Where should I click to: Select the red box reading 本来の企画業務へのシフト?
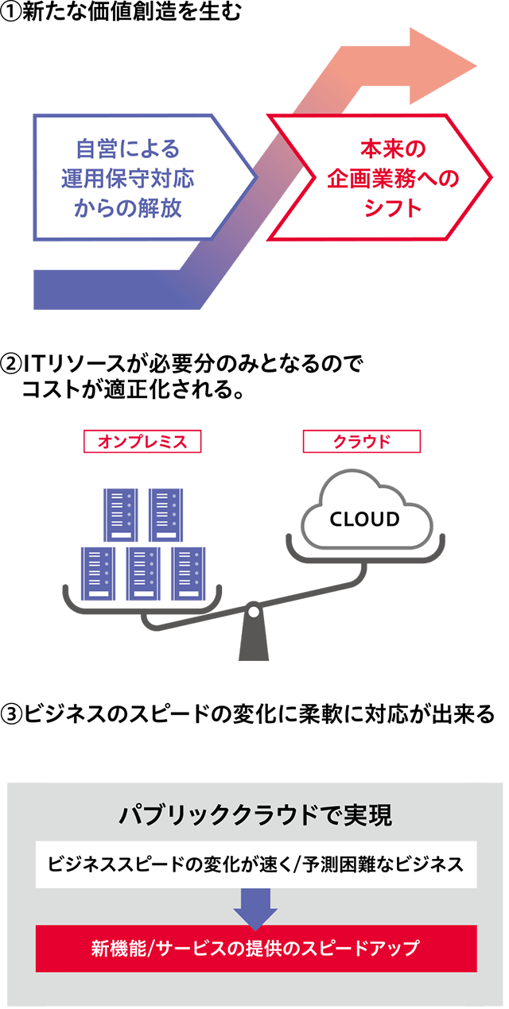click(x=382, y=178)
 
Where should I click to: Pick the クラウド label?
click(x=362, y=442)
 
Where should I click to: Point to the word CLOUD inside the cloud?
click(x=364, y=520)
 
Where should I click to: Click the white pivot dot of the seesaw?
click(x=253, y=612)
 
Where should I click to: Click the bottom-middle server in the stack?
click(x=143, y=574)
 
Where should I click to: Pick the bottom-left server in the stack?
click(x=98, y=574)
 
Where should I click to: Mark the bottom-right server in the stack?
click(x=188, y=574)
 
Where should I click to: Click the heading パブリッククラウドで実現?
click(x=255, y=816)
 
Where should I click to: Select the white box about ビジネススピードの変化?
click(x=255, y=864)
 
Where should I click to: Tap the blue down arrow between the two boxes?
click(x=255, y=907)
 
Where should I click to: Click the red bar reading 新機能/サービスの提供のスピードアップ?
click(x=255, y=948)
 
